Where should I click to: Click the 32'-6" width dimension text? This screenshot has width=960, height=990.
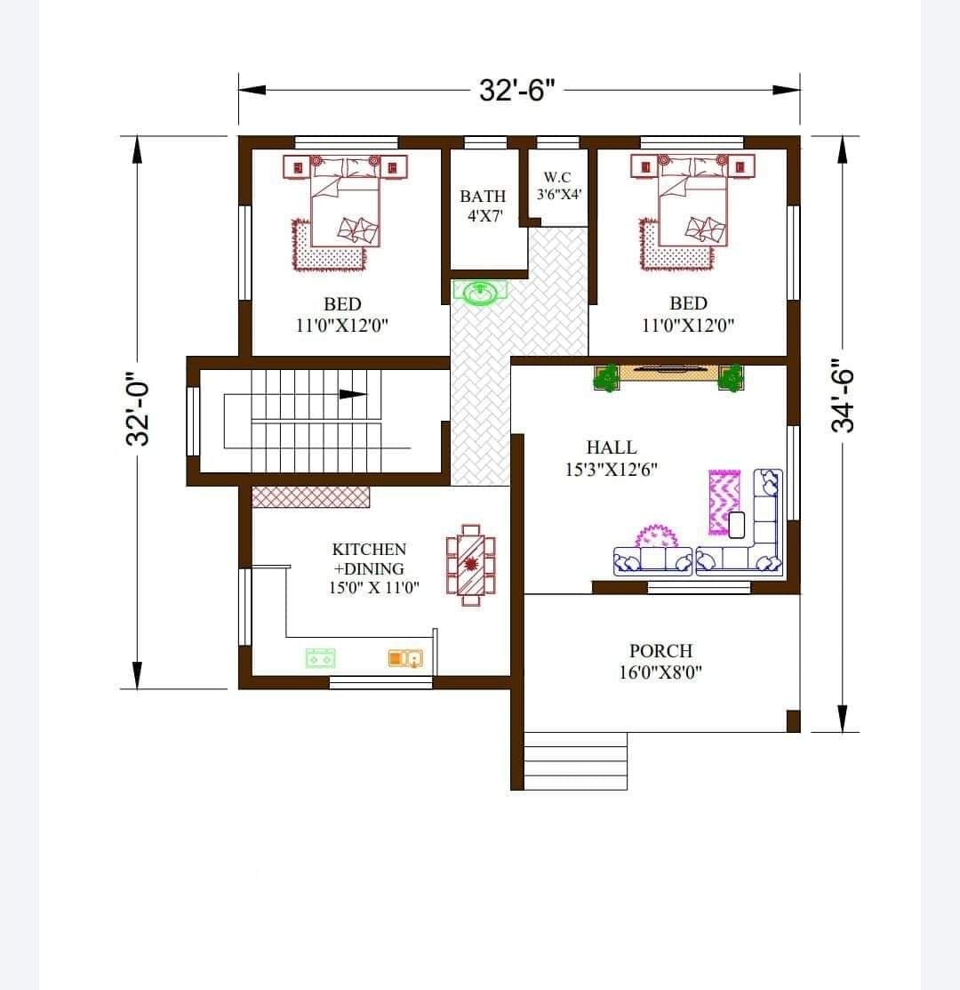[x=516, y=91]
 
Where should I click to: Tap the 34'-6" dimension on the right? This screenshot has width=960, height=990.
[x=842, y=395]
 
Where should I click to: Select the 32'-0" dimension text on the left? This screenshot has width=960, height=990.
[x=138, y=413]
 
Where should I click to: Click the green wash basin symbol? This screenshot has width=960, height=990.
[x=481, y=293]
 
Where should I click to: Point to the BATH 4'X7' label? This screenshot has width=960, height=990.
[x=484, y=205]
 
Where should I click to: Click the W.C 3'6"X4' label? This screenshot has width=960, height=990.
[x=558, y=186]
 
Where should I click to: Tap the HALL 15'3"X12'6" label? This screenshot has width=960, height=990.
[x=612, y=458]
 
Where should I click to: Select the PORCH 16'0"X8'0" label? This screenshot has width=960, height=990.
[x=660, y=661]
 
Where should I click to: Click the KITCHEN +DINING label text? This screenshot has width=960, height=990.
[x=370, y=559]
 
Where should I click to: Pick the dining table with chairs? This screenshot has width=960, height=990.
[x=470, y=565]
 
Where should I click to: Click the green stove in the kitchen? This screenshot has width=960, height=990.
[x=320, y=658]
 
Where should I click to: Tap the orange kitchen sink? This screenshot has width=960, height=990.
[x=405, y=658]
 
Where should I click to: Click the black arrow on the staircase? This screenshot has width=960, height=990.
[x=353, y=395]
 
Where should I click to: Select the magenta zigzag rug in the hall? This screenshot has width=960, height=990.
[x=724, y=502]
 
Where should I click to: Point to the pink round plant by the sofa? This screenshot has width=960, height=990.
[x=657, y=536]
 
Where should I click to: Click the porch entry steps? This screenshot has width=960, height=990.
[x=576, y=761]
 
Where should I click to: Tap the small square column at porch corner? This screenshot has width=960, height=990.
[x=793, y=721]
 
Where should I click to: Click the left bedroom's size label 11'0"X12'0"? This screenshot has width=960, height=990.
[x=342, y=326]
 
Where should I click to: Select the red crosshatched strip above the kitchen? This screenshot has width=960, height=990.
[x=311, y=497]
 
